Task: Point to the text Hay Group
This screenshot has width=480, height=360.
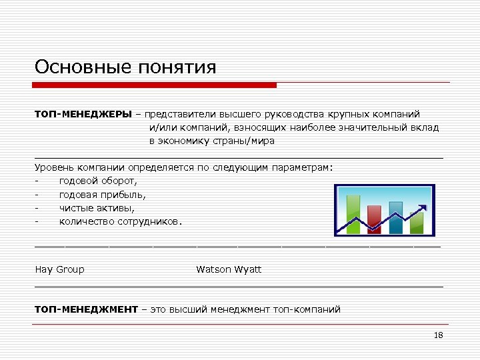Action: (60, 269)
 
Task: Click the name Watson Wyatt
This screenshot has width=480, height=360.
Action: (229, 269)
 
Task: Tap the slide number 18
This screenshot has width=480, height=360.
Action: (438, 335)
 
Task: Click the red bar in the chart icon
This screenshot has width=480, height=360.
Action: (373, 219)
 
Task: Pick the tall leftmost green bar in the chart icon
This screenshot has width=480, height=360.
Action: (353, 213)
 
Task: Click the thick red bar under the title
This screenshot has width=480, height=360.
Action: (155, 85)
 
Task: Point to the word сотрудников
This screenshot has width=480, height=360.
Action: (150, 221)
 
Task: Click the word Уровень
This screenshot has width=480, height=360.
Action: (56, 168)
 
